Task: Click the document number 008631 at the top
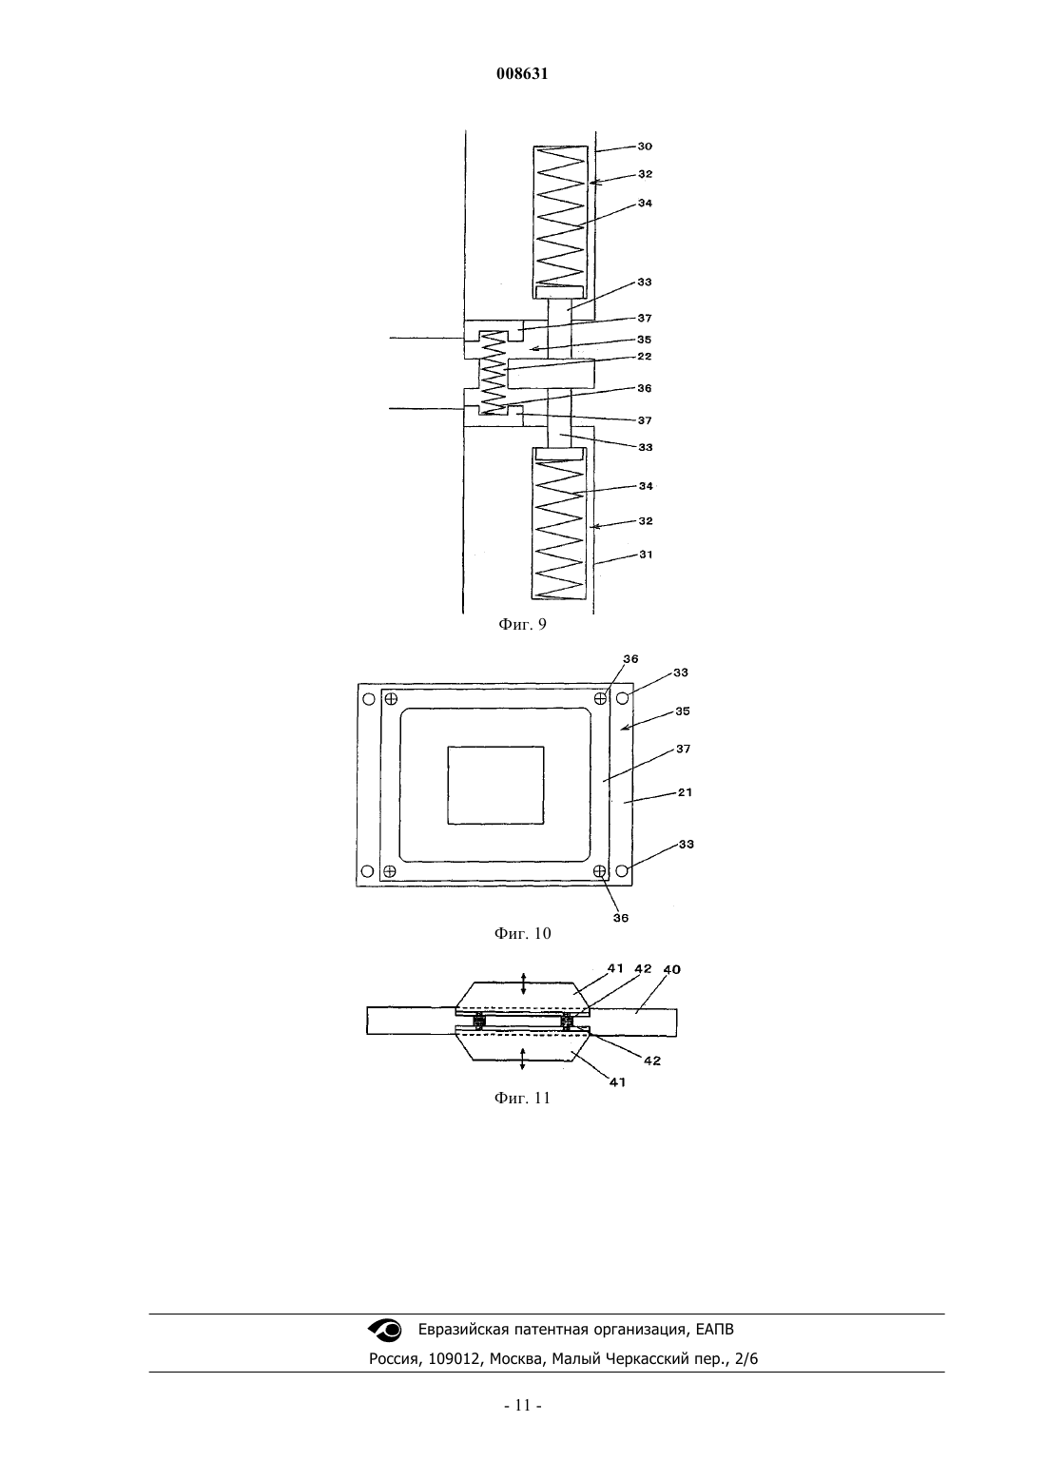[522, 74]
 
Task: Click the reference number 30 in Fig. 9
[645, 146]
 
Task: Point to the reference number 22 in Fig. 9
[645, 356]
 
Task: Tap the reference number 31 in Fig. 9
[646, 555]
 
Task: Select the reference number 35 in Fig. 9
[645, 340]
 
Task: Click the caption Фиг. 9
[522, 624]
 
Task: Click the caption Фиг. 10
[522, 933]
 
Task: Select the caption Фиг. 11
[522, 1098]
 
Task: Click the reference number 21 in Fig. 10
[685, 792]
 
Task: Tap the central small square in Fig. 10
[496, 786]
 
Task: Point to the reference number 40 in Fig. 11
[671, 969]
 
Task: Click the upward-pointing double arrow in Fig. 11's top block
[523, 983]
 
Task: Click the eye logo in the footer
[385, 1330]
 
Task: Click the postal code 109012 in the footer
[453, 1359]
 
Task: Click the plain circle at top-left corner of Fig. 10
[369, 699]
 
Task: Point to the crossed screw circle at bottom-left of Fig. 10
[390, 871]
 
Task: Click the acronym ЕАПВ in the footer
[715, 1330]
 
